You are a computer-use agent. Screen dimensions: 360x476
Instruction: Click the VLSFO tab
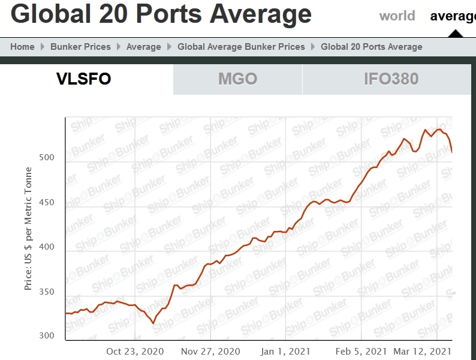point(84,79)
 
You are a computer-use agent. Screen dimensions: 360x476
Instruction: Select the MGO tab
point(237,79)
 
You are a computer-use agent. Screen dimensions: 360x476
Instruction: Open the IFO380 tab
point(391,79)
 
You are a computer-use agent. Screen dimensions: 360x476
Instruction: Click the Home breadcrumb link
point(22,47)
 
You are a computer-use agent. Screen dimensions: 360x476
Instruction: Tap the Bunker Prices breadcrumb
point(80,47)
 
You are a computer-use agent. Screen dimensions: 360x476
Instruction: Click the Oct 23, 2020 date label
point(135,351)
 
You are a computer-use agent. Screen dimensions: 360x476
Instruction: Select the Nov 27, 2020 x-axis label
point(210,351)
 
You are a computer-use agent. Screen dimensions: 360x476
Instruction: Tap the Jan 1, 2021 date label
point(286,351)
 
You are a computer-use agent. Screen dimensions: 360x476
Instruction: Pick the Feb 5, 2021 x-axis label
point(361,351)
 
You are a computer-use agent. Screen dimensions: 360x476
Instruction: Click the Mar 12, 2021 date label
point(422,351)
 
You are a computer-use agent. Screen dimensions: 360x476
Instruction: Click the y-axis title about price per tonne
point(28,238)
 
